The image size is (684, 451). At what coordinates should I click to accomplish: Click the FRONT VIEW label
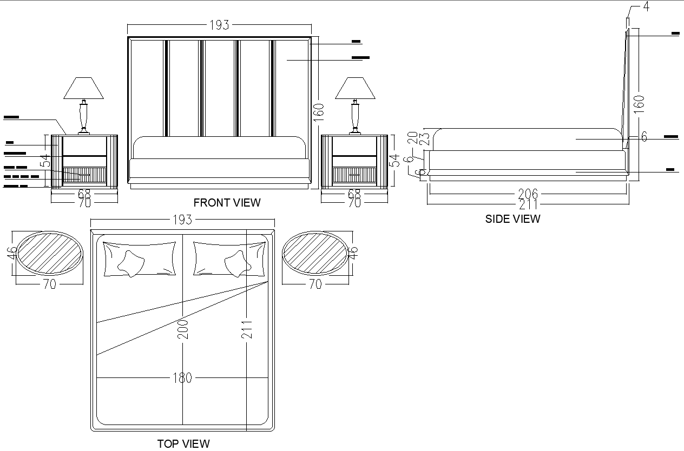click(x=227, y=203)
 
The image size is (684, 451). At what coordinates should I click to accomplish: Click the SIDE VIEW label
click(x=512, y=219)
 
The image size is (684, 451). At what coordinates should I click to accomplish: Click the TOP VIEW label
click(x=183, y=444)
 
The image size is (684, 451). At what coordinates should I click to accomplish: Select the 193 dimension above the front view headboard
click(x=219, y=25)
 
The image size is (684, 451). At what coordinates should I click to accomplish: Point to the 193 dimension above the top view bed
click(x=182, y=220)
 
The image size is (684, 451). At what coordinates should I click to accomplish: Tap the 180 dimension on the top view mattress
click(x=182, y=377)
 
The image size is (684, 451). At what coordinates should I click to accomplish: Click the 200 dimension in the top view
click(x=183, y=329)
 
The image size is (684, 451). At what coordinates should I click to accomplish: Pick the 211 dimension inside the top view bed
click(x=247, y=329)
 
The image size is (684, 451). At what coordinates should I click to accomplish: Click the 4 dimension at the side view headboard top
click(x=646, y=7)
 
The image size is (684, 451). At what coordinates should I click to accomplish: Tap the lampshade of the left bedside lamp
click(x=83, y=88)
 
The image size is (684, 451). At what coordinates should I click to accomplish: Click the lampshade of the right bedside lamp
click(x=355, y=88)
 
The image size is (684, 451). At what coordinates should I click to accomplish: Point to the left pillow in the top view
click(x=139, y=258)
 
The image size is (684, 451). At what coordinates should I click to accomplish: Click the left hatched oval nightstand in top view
click(x=49, y=253)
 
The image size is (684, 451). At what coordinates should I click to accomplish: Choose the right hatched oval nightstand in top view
click(x=315, y=253)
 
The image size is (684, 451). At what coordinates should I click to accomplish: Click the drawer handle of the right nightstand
click(x=354, y=175)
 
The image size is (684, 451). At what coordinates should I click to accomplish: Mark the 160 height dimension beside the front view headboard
click(x=318, y=114)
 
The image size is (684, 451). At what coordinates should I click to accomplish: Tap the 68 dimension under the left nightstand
click(x=84, y=194)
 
